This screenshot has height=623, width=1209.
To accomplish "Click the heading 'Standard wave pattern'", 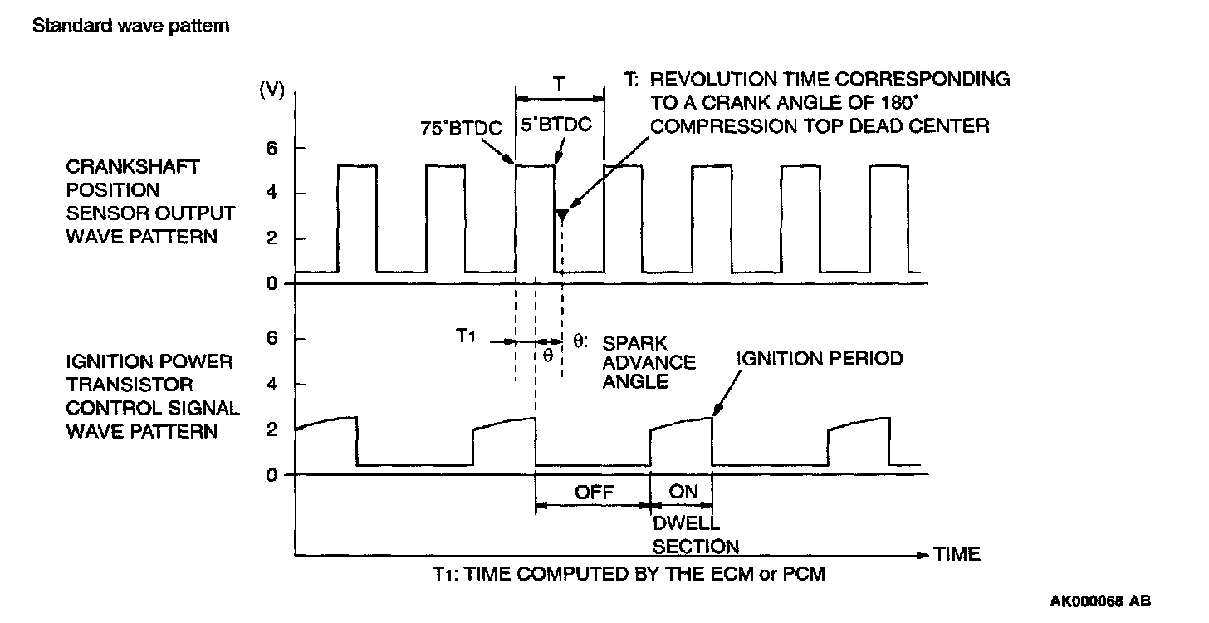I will pyautogui.click(x=130, y=26).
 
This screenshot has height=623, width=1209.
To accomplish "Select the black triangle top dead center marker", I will pyautogui.click(x=563, y=216).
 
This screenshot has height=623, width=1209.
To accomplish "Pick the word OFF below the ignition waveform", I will pyautogui.click(x=594, y=492).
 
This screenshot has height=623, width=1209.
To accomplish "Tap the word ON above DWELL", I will pyautogui.click(x=684, y=492).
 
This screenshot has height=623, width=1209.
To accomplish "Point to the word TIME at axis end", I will pyautogui.click(x=957, y=553).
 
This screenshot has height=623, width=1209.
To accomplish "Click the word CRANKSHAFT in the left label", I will pyautogui.click(x=132, y=166).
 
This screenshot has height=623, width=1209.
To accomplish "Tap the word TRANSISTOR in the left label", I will pyautogui.click(x=129, y=385).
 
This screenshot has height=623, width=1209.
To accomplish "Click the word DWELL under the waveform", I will pyautogui.click(x=685, y=525).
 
